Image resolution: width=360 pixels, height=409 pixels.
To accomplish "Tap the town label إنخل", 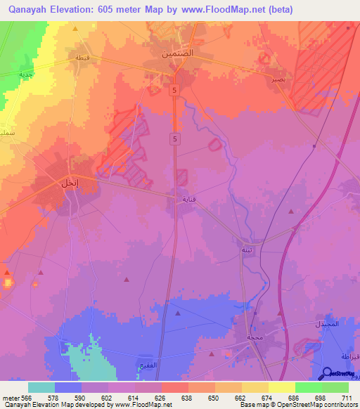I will [69, 183].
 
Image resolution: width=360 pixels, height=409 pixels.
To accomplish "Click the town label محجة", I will [254, 337].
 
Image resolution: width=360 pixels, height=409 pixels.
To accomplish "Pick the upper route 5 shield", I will [172, 89].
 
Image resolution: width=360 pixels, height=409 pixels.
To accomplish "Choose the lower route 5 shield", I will [172, 140].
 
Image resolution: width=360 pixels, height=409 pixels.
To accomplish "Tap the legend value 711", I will [347, 397].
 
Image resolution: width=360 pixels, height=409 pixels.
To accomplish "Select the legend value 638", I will [188, 397].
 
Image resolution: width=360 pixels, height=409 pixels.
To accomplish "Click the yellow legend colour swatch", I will [281, 387].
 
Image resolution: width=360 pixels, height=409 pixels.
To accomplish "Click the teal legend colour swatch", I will [41, 387].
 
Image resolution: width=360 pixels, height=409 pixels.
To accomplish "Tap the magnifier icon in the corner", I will [326, 374].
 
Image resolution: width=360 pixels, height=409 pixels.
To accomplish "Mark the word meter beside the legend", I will [12, 397].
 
